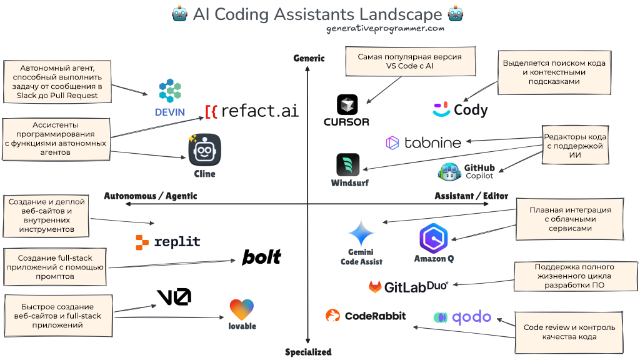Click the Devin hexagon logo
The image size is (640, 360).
170,91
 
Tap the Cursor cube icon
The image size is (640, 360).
347,104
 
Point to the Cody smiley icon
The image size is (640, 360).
441,110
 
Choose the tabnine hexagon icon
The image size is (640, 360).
392,143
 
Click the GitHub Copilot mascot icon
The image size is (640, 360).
450,171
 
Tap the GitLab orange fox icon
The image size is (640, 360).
375,287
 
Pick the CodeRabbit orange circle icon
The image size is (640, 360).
332,316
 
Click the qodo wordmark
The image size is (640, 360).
472,317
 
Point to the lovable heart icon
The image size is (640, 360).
242,309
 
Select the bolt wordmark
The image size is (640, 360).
262,257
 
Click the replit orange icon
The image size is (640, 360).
142,242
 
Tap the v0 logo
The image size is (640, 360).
174,296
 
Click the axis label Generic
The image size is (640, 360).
309,58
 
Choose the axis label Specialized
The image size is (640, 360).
308,352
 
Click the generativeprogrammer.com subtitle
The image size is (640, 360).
385,28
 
